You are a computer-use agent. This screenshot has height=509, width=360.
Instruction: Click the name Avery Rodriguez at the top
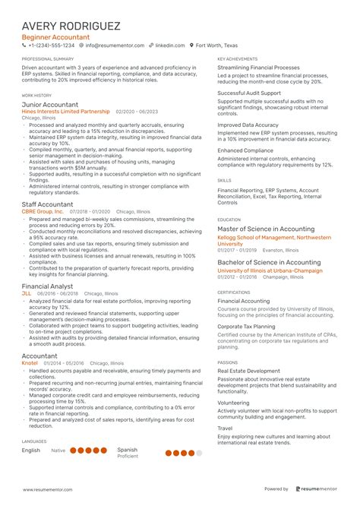tap(71, 25)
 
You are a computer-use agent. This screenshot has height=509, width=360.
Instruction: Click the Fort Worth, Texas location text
tap(215, 46)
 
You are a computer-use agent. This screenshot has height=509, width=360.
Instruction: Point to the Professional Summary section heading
tap(48, 58)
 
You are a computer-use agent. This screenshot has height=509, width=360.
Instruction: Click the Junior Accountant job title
tap(49, 104)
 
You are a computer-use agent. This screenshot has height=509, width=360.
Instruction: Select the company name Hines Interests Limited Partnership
tap(65, 112)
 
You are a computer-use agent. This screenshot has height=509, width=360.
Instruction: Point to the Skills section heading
tap(224, 180)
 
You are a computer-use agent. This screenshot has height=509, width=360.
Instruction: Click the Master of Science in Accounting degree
tap(266, 229)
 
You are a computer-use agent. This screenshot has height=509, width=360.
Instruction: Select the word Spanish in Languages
tap(127, 450)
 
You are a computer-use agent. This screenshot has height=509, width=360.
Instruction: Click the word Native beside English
tap(58, 451)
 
